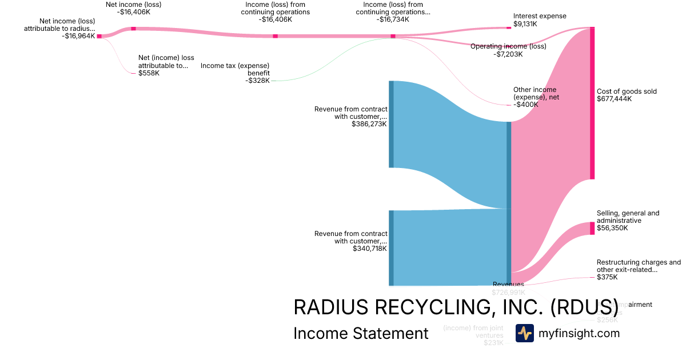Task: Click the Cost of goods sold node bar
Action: point(592,103)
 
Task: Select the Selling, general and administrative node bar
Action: point(592,229)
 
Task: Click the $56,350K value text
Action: point(612,228)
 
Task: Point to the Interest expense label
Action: point(540,16)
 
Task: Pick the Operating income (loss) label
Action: point(508,46)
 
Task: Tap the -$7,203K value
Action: point(508,54)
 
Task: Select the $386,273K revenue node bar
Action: point(392,124)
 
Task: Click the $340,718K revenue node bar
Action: point(392,248)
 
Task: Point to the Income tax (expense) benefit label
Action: point(235,69)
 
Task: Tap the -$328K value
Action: point(257,81)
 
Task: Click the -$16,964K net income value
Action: point(78,36)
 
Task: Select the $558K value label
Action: point(149,73)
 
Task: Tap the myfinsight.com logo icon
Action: point(525,333)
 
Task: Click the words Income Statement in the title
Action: point(361,333)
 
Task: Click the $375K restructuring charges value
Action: point(607,277)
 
